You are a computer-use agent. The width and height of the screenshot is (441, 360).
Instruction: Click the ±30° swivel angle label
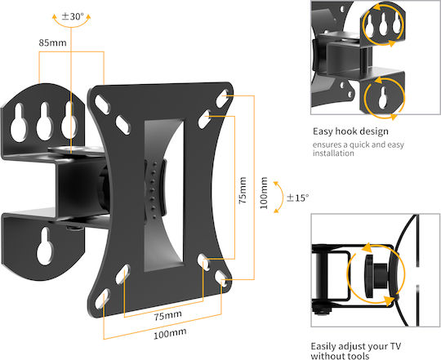point(73,16)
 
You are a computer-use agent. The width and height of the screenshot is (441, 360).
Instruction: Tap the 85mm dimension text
point(52,42)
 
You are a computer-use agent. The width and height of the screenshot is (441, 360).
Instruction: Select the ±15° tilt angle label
point(297,198)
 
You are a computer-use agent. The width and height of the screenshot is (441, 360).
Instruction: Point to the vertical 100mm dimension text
point(264,193)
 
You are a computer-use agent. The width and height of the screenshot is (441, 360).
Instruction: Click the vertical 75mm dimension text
point(243,190)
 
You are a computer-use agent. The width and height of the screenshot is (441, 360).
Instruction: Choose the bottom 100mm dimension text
point(170,334)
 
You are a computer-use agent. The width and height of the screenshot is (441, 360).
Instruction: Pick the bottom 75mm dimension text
point(167,315)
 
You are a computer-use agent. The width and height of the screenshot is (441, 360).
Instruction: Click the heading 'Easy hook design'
point(350,131)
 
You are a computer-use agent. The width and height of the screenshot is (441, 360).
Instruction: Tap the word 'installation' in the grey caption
point(333,153)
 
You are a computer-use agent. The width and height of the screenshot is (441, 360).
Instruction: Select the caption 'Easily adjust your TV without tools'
point(356,351)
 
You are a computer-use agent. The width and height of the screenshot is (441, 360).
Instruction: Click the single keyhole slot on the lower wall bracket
point(45,247)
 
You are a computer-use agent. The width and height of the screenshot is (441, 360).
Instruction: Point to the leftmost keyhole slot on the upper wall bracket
point(19,122)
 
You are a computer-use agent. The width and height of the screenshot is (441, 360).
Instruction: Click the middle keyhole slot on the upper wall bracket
point(44,121)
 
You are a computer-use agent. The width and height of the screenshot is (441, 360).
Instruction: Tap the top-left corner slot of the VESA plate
point(102,104)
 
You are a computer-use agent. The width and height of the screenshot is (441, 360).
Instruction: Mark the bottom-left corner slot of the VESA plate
point(102,299)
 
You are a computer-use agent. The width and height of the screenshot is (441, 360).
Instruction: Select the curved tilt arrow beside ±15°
point(282,197)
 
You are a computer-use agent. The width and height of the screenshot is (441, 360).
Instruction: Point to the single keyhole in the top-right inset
point(383,97)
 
